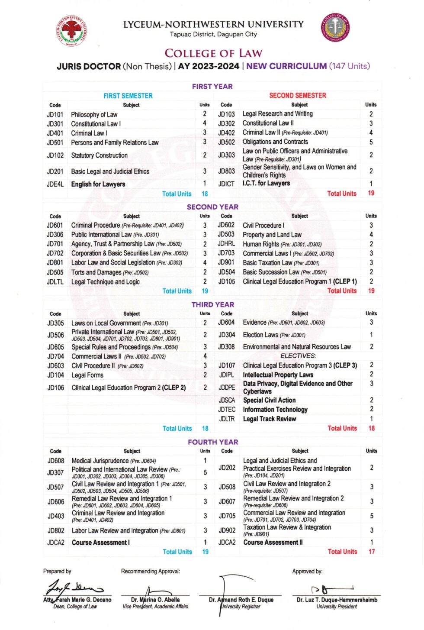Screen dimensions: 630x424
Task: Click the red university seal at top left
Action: (71, 31)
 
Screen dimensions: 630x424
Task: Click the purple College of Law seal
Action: (335, 28)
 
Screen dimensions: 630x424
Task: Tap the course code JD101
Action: (55, 115)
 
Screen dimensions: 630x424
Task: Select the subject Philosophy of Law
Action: (94, 115)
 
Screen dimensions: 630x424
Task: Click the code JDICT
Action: (226, 184)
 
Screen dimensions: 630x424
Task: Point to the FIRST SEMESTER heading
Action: (128, 96)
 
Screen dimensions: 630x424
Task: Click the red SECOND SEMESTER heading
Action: (298, 95)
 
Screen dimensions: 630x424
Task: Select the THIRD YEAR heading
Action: (212, 304)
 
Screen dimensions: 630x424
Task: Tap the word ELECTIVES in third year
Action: (298, 355)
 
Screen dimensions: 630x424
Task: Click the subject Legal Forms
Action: (87, 375)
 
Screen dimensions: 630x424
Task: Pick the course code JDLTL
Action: (55, 282)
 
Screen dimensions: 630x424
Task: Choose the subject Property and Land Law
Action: (272, 235)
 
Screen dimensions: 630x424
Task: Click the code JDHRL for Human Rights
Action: (226, 244)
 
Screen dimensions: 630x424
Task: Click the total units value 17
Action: (371, 552)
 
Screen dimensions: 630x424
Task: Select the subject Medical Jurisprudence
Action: (100, 461)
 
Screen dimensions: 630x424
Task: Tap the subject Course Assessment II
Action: (273, 542)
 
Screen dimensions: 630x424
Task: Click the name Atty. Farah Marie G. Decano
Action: (77, 600)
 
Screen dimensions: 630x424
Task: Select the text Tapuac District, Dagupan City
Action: (213, 34)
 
